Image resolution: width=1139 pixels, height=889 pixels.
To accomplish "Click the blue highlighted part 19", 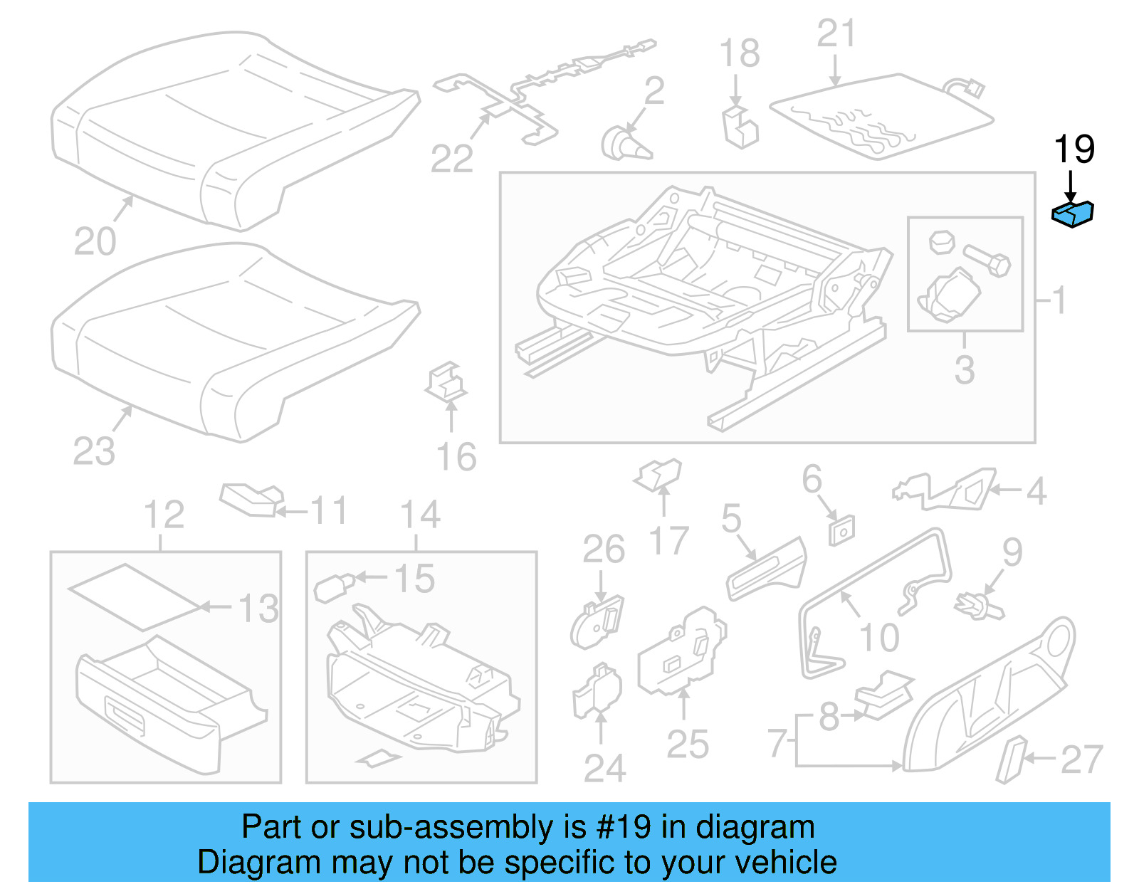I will [1073, 214].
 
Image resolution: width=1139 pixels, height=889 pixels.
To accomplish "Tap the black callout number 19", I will [1074, 149].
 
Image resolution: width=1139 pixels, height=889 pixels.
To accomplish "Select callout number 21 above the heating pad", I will [836, 33].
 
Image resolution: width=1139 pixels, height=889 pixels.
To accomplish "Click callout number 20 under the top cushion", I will [95, 241].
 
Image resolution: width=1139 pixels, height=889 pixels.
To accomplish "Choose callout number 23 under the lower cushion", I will [93, 451].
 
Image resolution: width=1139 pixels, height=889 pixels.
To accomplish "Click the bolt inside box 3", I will [987, 260].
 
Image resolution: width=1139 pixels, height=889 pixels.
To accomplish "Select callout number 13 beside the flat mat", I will [258, 609].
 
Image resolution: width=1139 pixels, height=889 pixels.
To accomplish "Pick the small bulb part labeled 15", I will [332, 587].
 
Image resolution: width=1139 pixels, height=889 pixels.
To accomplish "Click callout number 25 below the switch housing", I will [688, 745].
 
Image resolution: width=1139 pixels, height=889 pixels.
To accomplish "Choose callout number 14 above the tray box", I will [420, 515].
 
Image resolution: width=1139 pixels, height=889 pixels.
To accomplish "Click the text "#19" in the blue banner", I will [624, 827].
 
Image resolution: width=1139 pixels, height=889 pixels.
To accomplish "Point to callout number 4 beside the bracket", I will [1036, 491].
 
